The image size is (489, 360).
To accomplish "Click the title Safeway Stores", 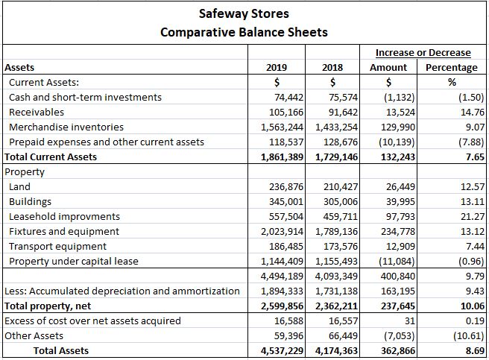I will tap(244, 13).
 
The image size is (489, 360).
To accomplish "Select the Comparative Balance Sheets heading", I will tap(244, 32).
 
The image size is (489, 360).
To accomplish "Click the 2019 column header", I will tap(277, 67).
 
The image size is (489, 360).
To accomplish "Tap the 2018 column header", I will tap(332, 67).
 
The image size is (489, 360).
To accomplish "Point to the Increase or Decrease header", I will tap(423, 52).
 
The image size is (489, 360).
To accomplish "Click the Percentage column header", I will tap(452, 67).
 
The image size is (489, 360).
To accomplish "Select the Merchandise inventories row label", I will tap(66, 127).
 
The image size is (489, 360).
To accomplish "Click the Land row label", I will tap(20, 186).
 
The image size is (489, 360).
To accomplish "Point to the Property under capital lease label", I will tap(73, 261).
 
